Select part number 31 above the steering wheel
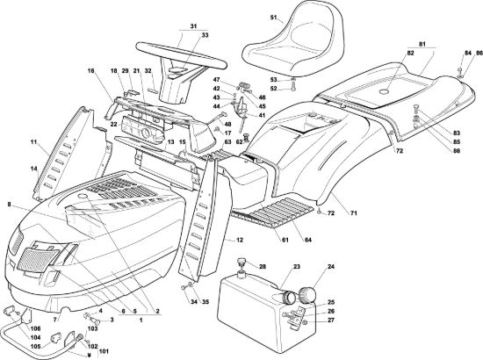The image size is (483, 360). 193,26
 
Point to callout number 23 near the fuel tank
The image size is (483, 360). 297,267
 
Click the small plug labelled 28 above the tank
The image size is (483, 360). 241,263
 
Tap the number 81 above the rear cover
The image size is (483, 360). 422,45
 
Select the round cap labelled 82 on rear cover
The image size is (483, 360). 383,90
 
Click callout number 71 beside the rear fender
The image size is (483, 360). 354,212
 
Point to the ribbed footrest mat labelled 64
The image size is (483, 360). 278,213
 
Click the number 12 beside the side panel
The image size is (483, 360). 240,240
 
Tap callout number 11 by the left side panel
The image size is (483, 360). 33,142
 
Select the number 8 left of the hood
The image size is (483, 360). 10,204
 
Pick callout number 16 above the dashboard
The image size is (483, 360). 90,71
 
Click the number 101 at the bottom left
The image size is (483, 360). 104,351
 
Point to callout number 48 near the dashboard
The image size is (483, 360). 227,125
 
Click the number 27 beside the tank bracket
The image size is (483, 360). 331,320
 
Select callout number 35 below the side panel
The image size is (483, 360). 205,302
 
